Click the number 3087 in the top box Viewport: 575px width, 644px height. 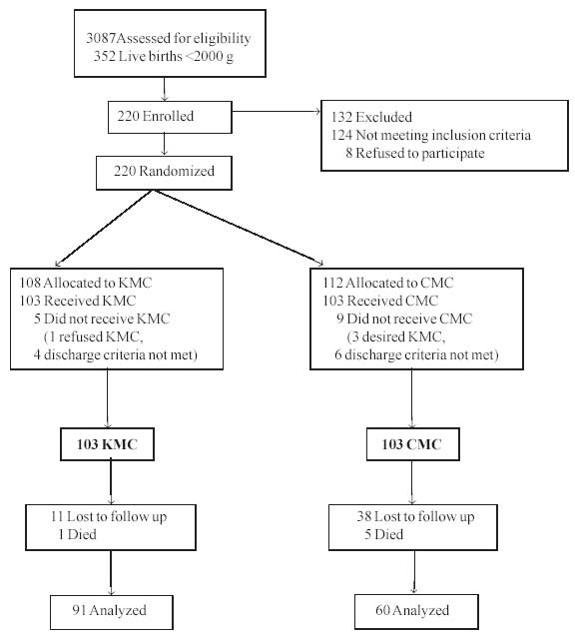[x=101, y=38]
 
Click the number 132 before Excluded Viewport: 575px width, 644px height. [x=341, y=117]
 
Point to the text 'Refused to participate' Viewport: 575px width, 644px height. [x=419, y=153]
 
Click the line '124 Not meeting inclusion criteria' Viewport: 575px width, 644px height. [x=431, y=135]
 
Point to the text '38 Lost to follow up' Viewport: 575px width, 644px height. [x=415, y=516]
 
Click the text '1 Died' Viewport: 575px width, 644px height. [x=77, y=534]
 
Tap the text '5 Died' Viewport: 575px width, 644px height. [x=383, y=534]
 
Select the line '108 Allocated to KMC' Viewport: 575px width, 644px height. [x=86, y=283]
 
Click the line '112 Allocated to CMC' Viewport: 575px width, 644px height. [x=388, y=283]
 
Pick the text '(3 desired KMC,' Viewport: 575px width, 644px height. [x=396, y=336]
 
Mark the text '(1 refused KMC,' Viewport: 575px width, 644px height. [x=94, y=336]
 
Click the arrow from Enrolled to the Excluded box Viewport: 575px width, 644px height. [x=276, y=111]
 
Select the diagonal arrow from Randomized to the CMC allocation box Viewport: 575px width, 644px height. [x=239, y=228]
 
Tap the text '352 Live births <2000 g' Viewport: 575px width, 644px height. [x=164, y=56]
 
